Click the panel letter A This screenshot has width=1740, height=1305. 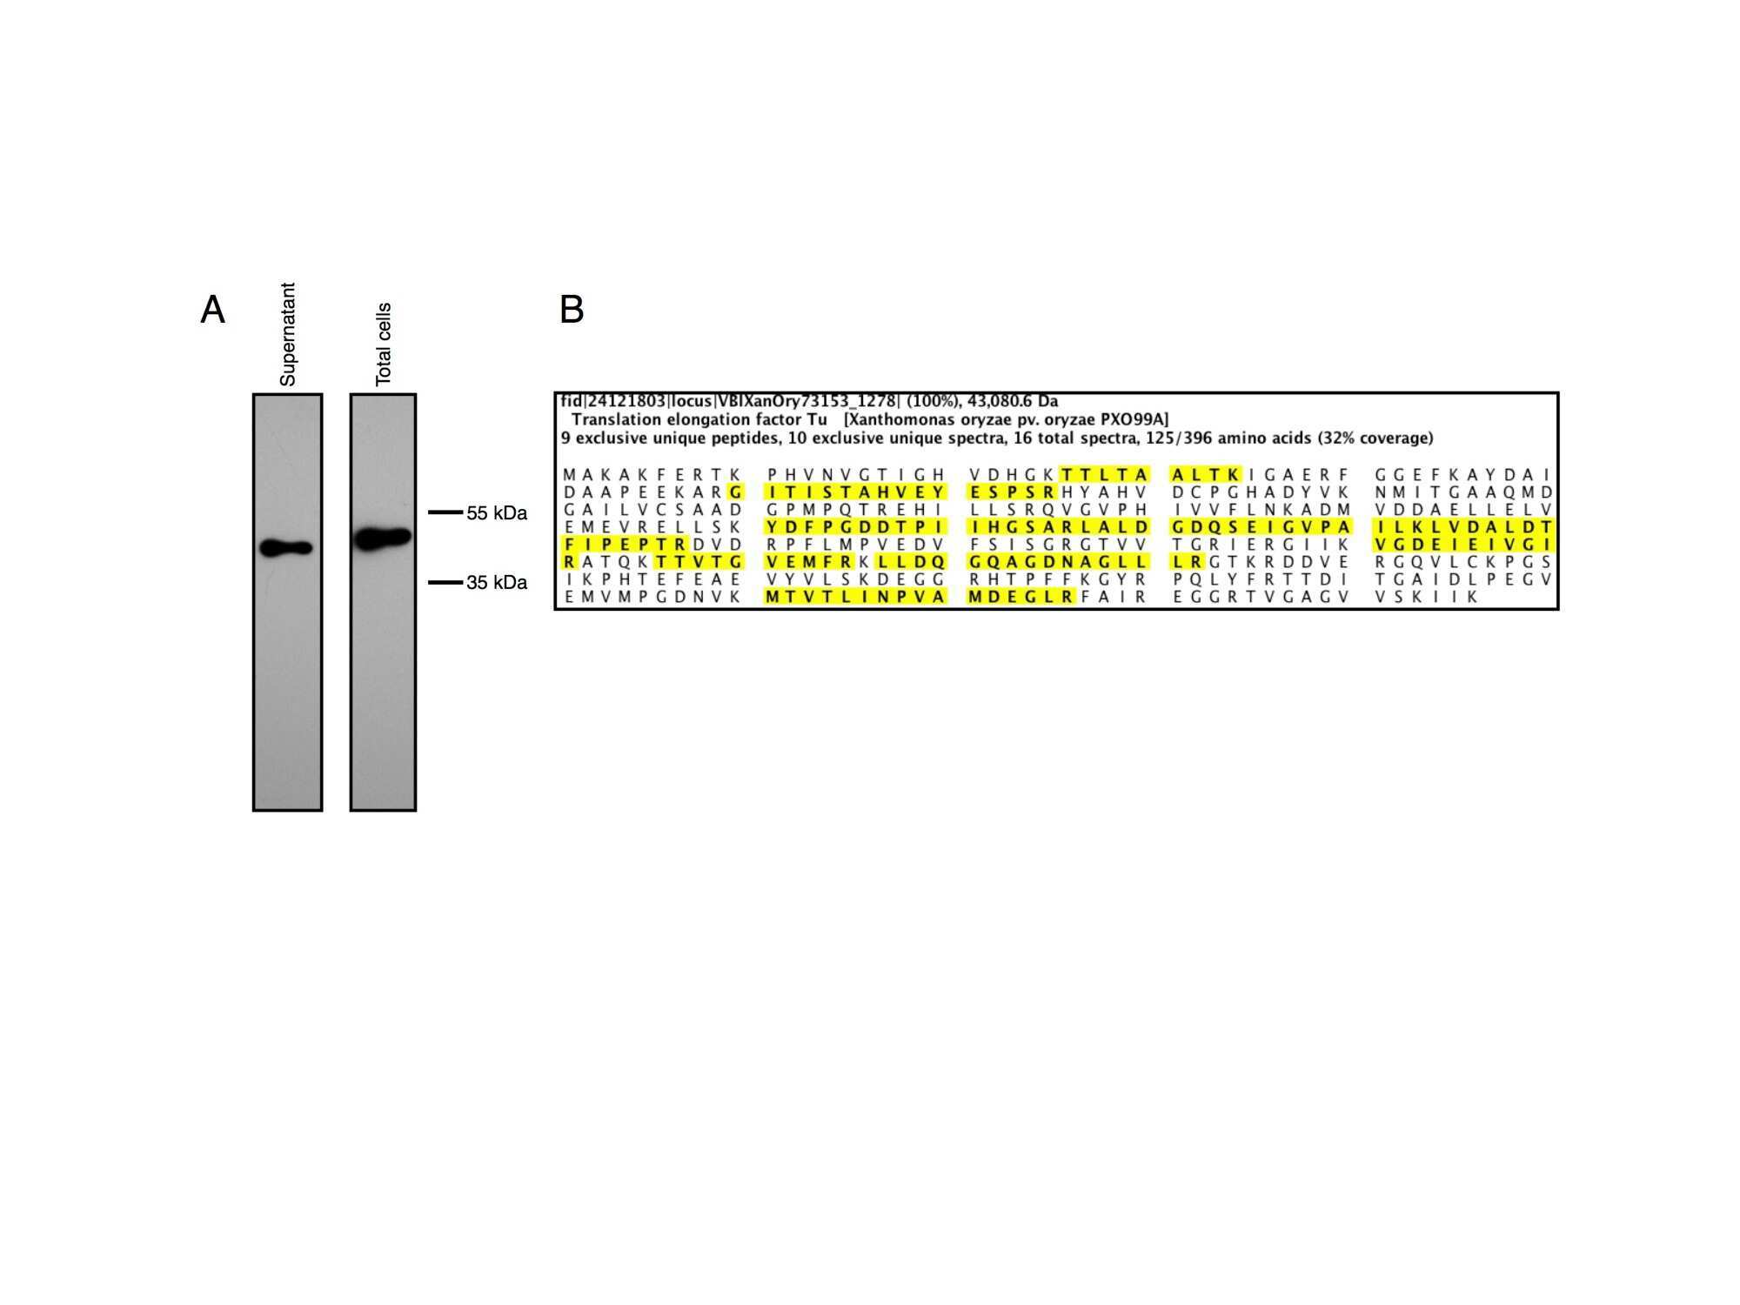(212, 309)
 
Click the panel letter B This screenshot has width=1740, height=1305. (572, 309)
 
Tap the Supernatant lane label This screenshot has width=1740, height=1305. (288, 334)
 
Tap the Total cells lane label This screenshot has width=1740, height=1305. (384, 345)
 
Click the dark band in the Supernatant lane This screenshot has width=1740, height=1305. (286, 548)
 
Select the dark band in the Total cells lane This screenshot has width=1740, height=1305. (383, 539)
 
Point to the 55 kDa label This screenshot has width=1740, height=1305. (497, 513)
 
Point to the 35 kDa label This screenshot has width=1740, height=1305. (497, 582)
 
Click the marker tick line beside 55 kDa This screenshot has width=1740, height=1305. (445, 512)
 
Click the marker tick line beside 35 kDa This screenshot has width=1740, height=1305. (445, 582)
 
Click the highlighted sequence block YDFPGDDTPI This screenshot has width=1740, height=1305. (854, 527)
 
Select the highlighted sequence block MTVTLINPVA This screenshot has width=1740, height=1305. (854, 597)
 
